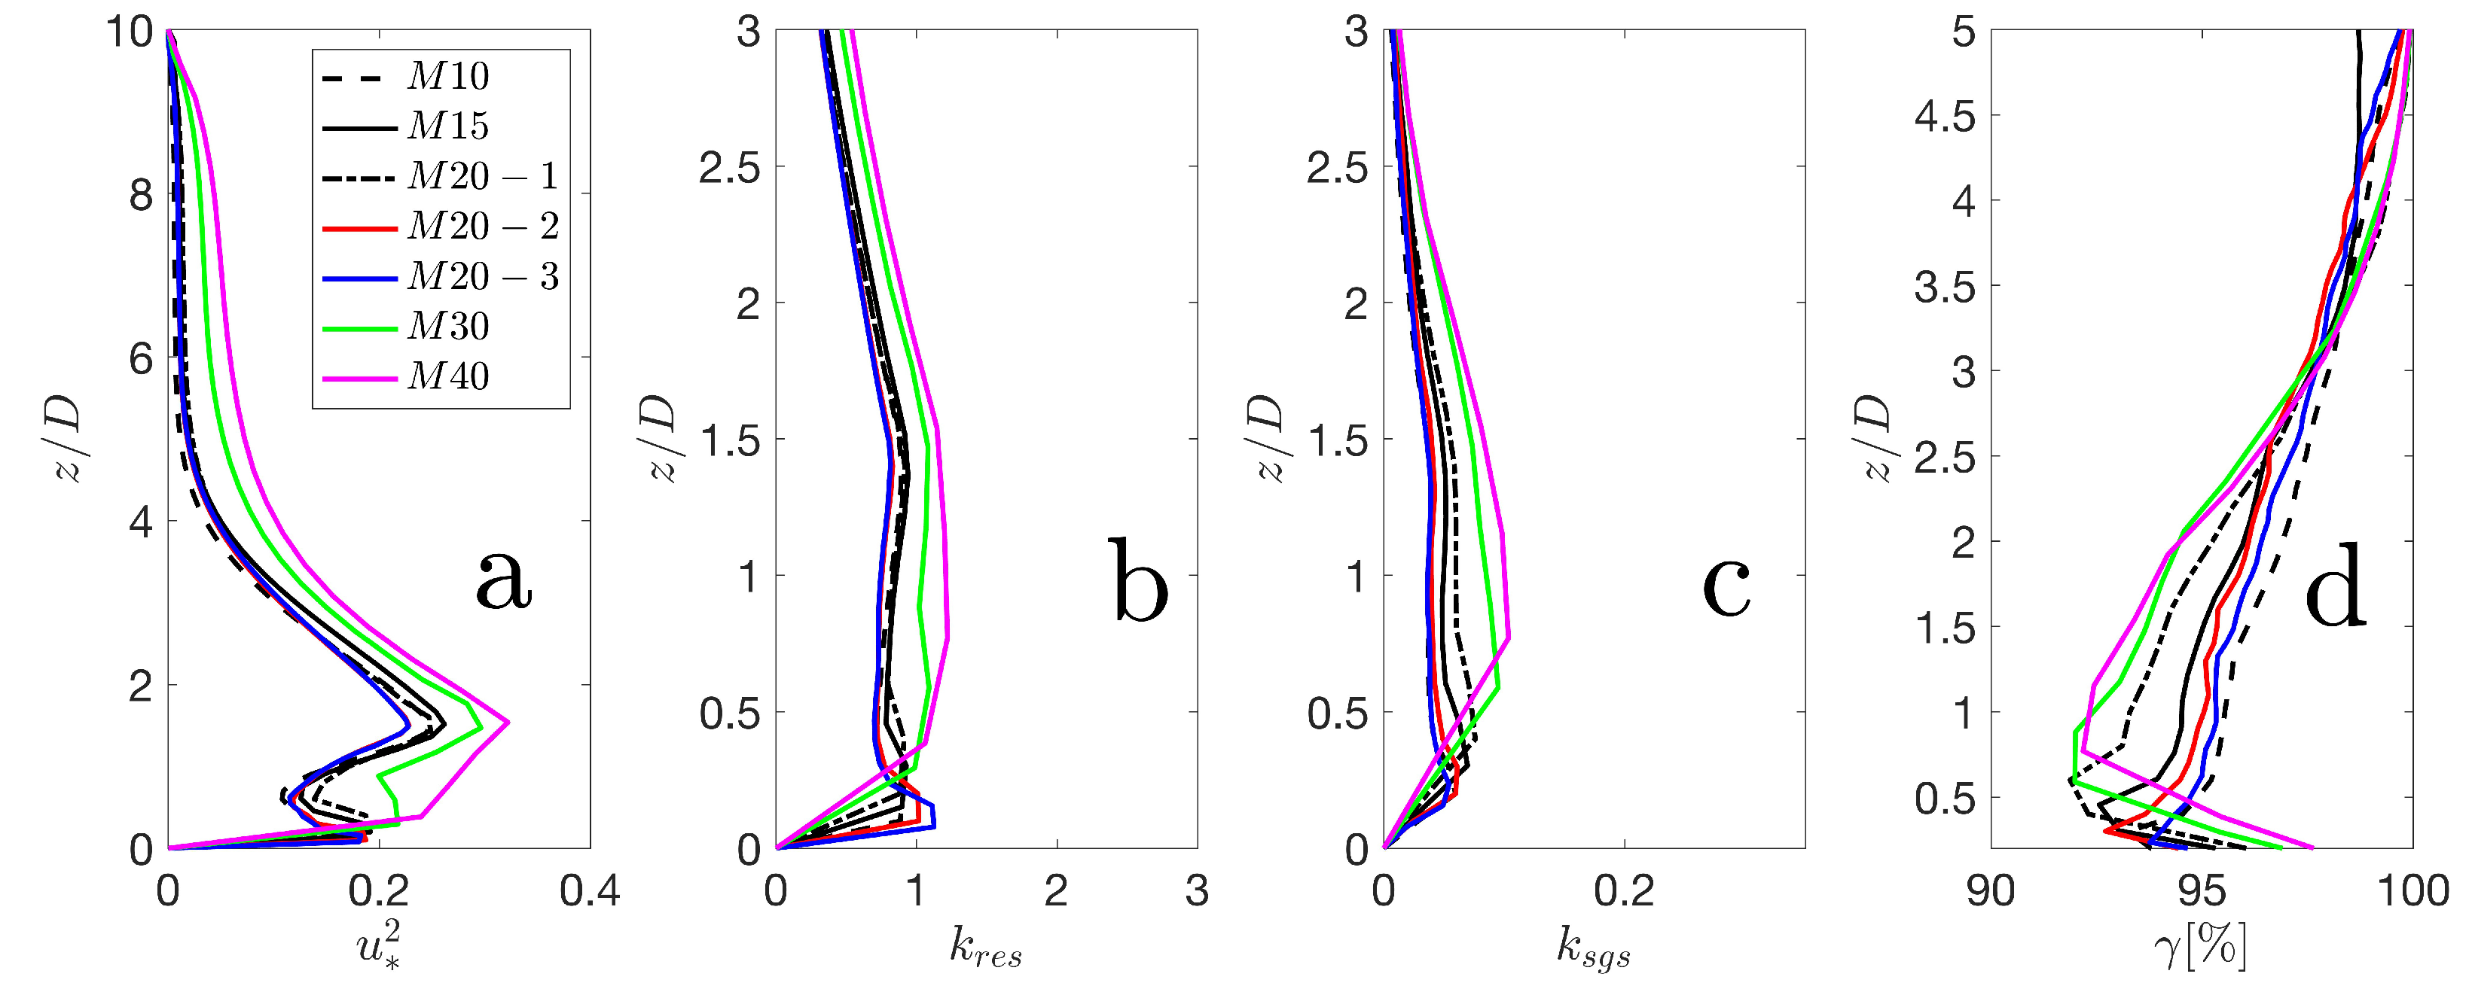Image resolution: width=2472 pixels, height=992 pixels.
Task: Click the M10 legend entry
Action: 447,76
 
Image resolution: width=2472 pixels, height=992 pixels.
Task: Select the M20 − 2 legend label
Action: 483,227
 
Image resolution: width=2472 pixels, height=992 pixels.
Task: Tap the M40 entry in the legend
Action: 447,376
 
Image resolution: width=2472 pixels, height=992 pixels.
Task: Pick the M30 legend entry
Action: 447,326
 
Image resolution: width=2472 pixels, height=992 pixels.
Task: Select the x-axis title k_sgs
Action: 1593,948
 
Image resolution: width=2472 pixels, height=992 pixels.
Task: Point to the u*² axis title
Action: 378,946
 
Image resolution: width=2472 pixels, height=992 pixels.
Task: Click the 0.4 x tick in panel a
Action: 589,891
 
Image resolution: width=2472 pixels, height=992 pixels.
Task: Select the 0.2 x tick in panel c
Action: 1624,891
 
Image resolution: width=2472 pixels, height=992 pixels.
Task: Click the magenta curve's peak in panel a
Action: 508,722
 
